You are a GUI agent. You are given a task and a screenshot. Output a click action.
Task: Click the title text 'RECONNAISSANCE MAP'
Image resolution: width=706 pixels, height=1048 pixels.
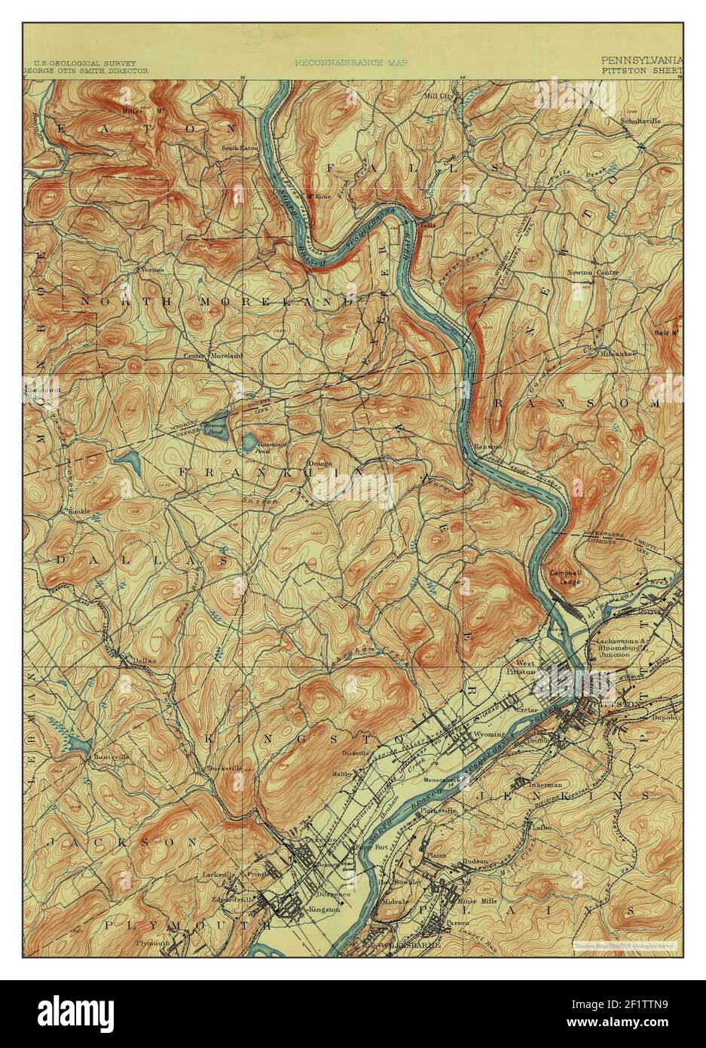coord(350,65)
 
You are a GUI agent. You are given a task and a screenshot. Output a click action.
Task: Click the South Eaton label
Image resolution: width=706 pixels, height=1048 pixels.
coord(240,148)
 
